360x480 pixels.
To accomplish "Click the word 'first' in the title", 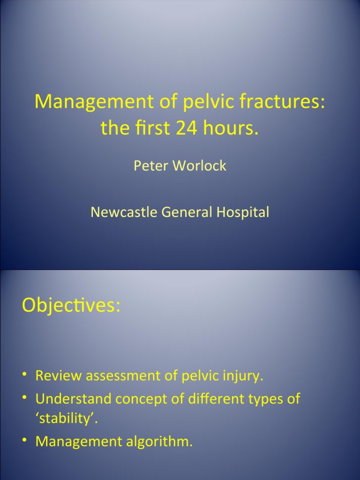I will (x=150, y=128).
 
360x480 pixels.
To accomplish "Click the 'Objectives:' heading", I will (x=71, y=306).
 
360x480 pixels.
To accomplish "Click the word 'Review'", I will (x=59, y=375).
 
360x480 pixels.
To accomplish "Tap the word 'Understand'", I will (x=74, y=399).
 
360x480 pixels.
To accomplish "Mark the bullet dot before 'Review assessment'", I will (x=25, y=375).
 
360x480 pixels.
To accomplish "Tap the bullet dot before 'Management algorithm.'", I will (x=25, y=440).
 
